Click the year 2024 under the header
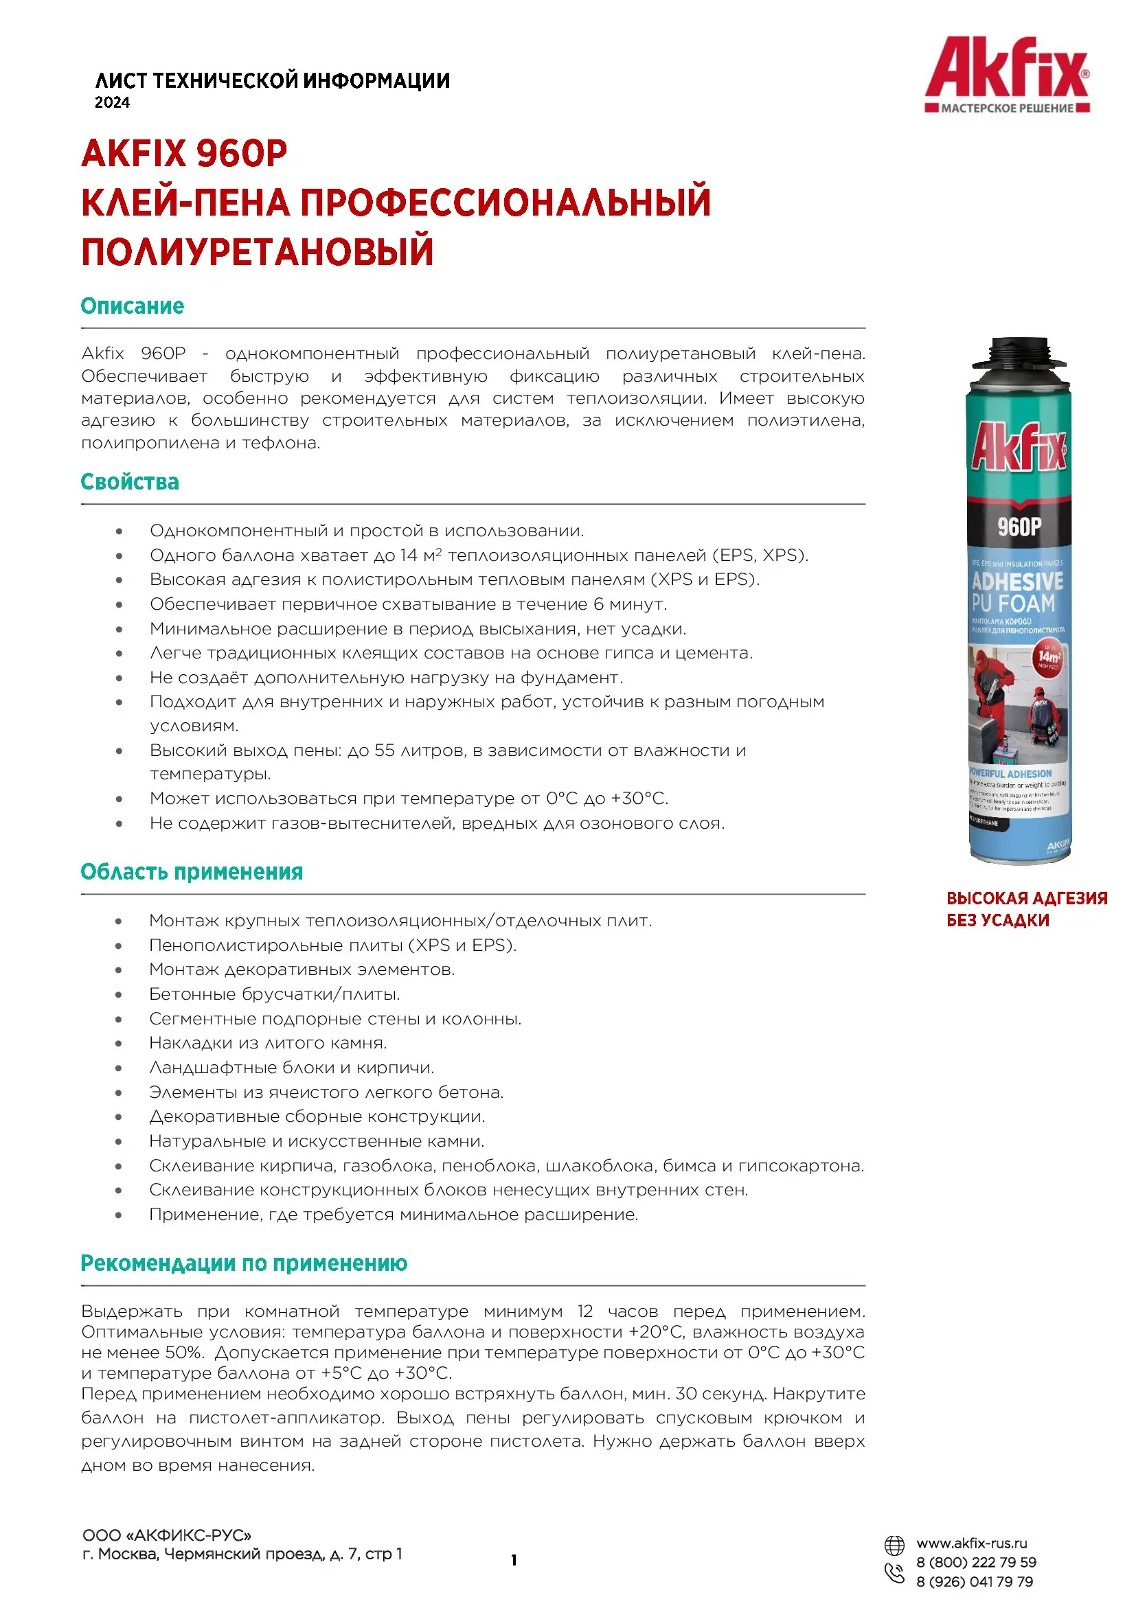tap(112, 103)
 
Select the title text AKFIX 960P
tap(184, 153)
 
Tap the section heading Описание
tap(132, 306)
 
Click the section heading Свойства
tap(129, 482)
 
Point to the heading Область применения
tap(192, 872)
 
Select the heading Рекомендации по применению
tap(243, 1263)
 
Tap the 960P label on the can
tap(1019, 527)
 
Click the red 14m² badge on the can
tap(1049, 657)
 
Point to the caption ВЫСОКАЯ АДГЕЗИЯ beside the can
tap(1026, 898)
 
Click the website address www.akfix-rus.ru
tap(972, 1544)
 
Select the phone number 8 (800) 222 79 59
tap(976, 1563)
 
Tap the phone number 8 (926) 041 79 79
tap(975, 1582)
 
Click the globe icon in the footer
tap(894, 1545)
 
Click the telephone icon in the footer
tap(895, 1573)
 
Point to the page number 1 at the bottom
tap(514, 1561)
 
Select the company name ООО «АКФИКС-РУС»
tap(166, 1536)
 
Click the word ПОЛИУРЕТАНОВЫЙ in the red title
tap(258, 253)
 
